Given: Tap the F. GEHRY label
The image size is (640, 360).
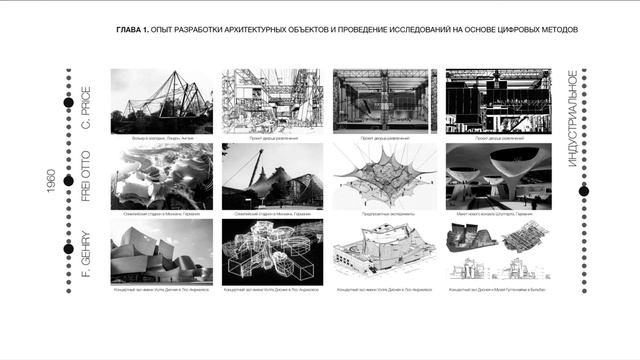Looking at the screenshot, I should (86, 254).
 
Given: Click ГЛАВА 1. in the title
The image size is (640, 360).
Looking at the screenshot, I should (133, 29).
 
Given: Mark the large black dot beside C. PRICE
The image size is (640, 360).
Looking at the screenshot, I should (68, 103).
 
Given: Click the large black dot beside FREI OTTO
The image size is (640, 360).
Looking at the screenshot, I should (68, 181).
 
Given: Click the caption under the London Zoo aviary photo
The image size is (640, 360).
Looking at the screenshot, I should (161, 137).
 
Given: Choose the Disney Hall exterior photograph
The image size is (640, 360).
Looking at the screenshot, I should (161, 251).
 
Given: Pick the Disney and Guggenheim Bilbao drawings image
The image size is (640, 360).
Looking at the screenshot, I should (491, 251).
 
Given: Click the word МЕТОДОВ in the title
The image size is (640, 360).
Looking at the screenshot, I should (558, 29).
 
